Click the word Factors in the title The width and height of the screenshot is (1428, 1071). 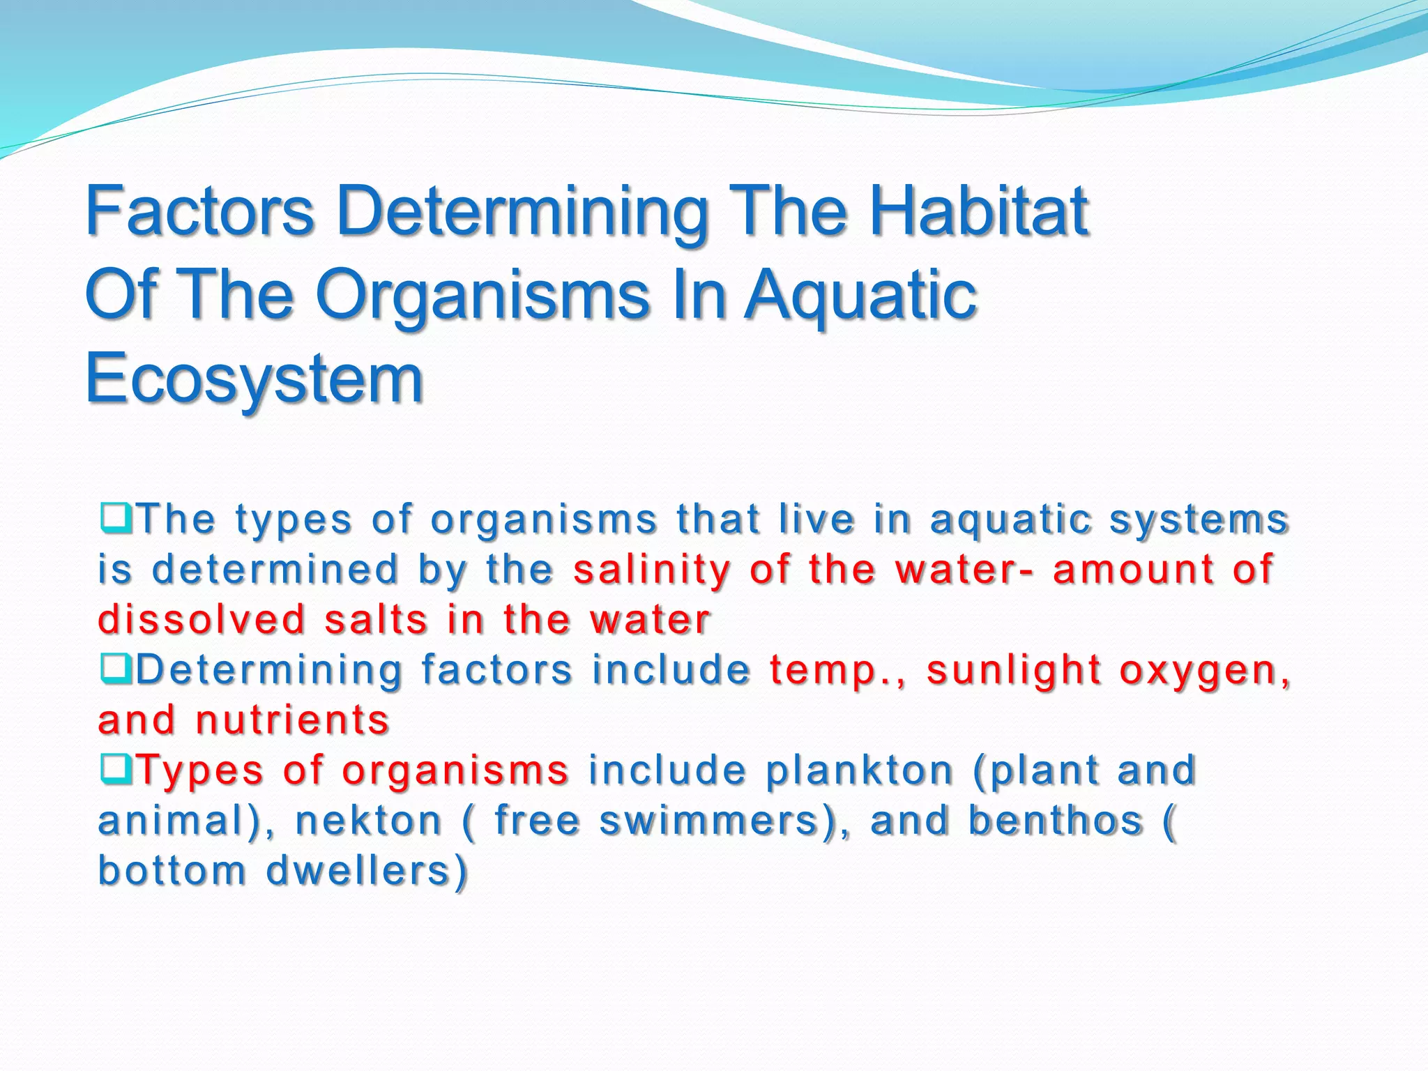tap(199, 211)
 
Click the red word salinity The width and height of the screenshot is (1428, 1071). tap(652, 570)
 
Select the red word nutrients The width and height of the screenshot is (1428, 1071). tap(292, 720)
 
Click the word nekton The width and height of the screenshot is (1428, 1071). tap(368, 821)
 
